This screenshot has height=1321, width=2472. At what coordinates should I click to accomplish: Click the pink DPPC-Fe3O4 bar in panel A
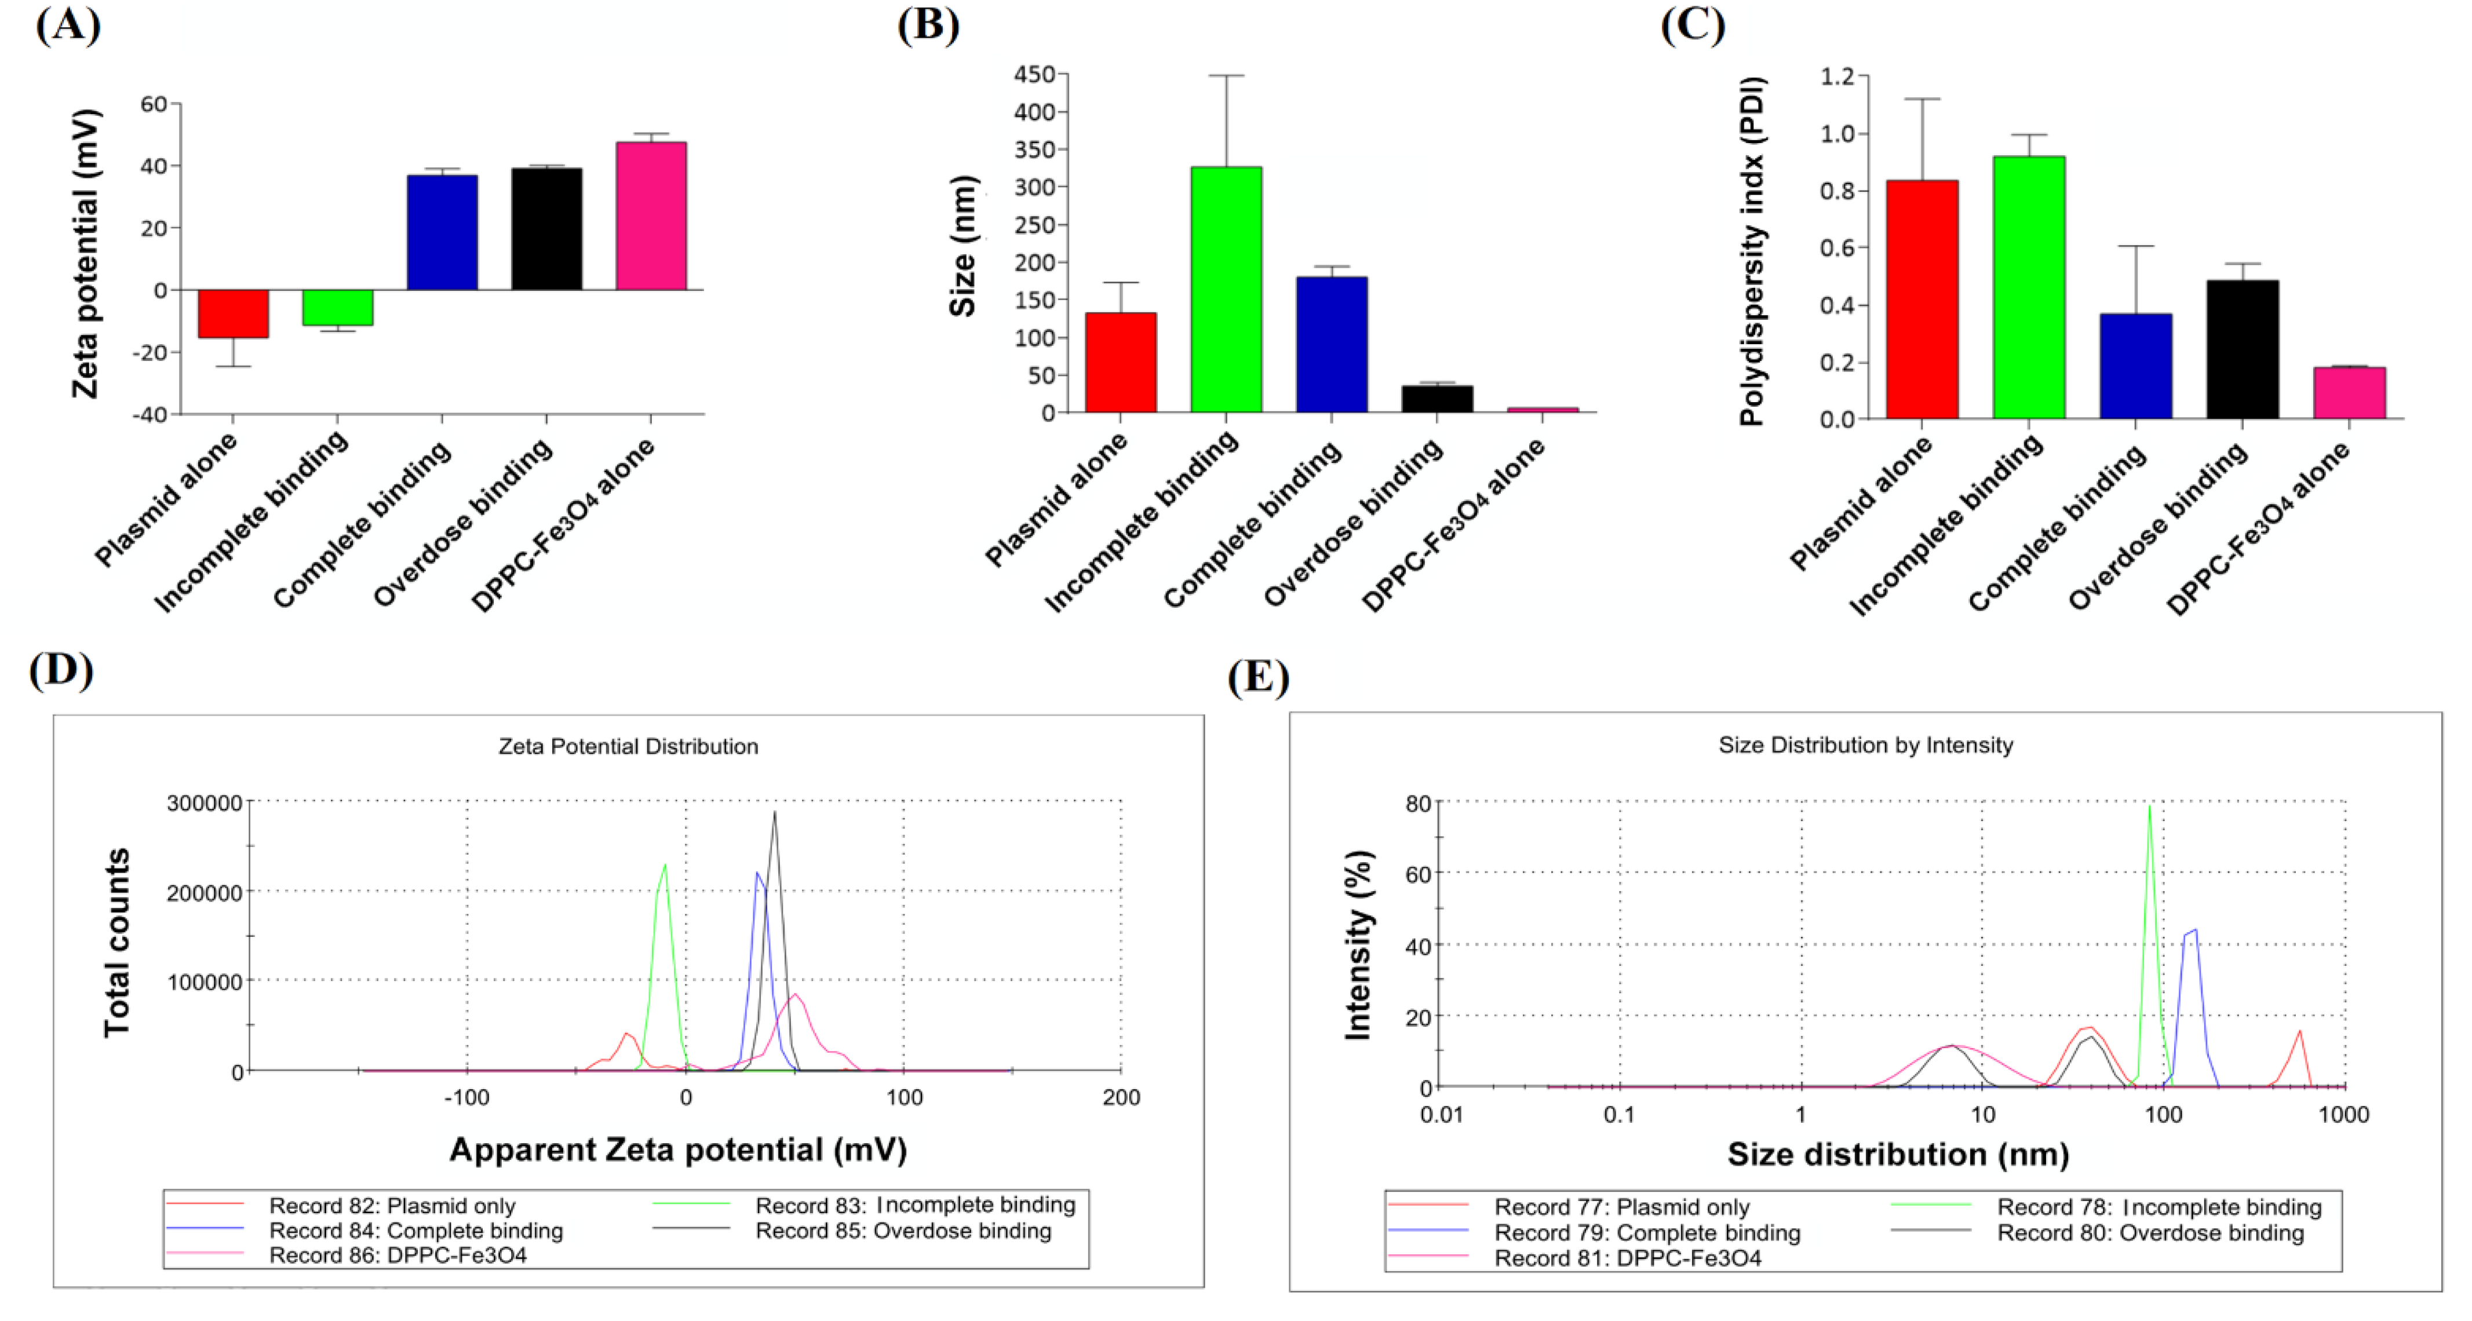click(651, 216)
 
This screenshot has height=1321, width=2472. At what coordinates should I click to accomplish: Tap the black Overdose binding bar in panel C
click(2242, 349)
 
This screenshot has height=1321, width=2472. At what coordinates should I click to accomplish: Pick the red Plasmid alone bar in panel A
click(233, 313)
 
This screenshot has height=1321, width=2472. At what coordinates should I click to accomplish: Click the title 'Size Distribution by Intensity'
click(1865, 746)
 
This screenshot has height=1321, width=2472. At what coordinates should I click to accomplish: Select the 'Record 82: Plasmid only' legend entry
click(392, 1206)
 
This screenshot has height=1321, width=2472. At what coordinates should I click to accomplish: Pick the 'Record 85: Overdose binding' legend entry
click(903, 1231)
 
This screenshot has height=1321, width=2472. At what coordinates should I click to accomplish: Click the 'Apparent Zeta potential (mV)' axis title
click(677, 1150)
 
